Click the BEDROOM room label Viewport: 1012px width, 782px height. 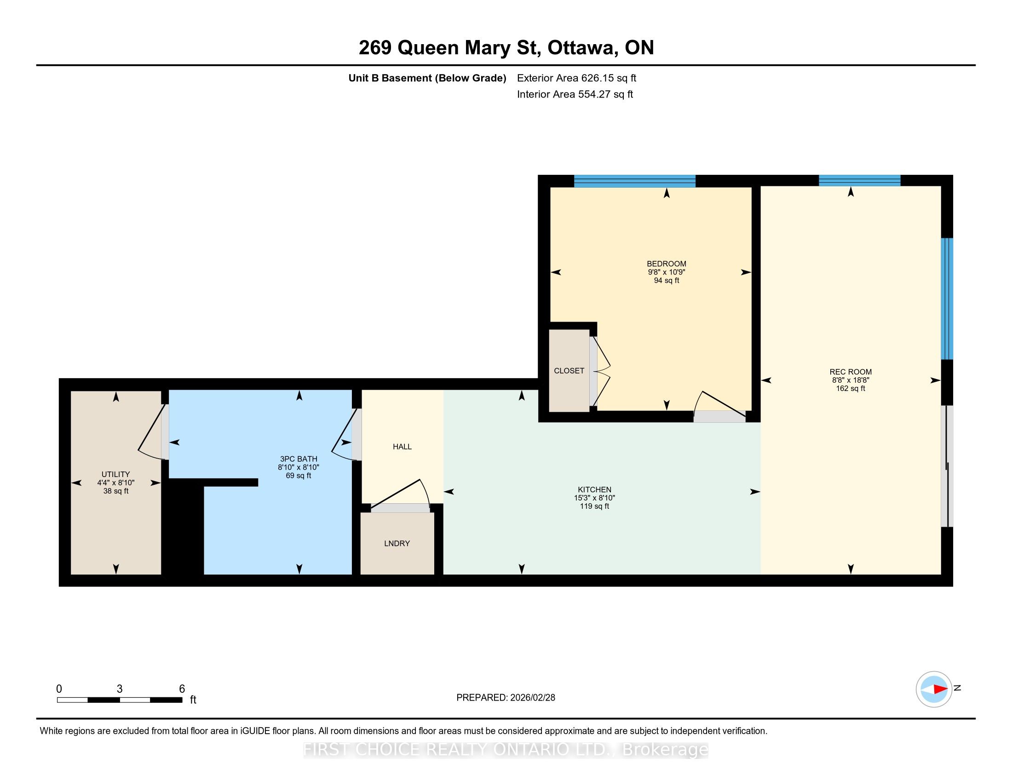coord(667,264)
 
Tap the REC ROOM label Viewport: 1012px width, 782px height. coord(850,372)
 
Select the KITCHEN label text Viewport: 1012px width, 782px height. coord(594,490)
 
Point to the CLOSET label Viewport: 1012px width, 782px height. coord(569,371)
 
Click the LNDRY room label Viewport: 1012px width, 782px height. coord(397,543)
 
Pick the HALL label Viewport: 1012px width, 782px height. coord(402,447)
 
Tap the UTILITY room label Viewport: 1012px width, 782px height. coord(116,474)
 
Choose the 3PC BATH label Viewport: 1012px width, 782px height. coord(299,459)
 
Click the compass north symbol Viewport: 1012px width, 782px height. coord(934,689)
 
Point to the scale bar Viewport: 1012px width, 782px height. coord(120,700)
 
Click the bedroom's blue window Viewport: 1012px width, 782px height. coord(635,181)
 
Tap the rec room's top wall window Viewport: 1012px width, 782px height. coord(860,181)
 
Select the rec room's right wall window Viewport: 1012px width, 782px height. coord(947,299)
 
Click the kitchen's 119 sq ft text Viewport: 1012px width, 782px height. coord(594,506)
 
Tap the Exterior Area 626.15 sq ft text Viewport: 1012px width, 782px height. coord(576,78)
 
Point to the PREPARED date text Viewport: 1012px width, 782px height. coord(506,698)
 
